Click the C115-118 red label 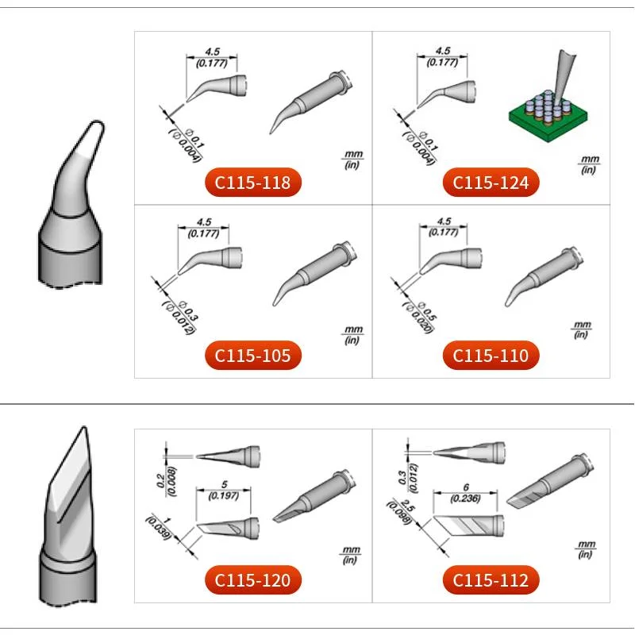[x=253, y=183]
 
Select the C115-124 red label [x=491, y=183]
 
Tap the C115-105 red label [x=253, y=356]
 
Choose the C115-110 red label [x=491, y=356]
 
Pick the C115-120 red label [x=253, y=580]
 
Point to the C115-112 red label [x=491, y=580]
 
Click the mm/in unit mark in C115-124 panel [x=588, y=164]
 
